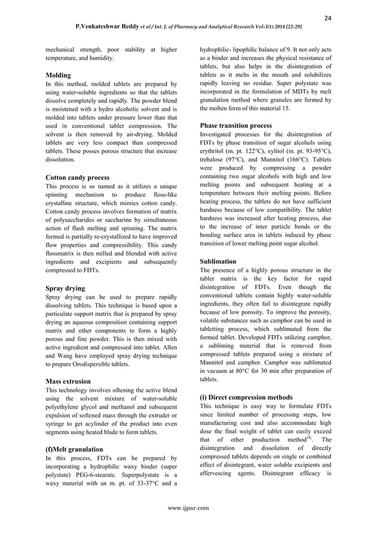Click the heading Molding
click(x=58, y=76)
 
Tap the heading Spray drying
click(x=65, y=288)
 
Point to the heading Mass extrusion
click(x=68, y=381)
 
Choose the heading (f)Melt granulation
click(x=74, y=449)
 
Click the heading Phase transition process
click(x=236, y=126)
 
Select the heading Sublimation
click(x=218, y=261)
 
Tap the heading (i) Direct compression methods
click(x=246, y=397)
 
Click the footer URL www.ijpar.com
click(x=188, y=507)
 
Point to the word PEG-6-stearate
click(x=106, y=476)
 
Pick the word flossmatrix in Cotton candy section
click(x=65, y=252)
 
